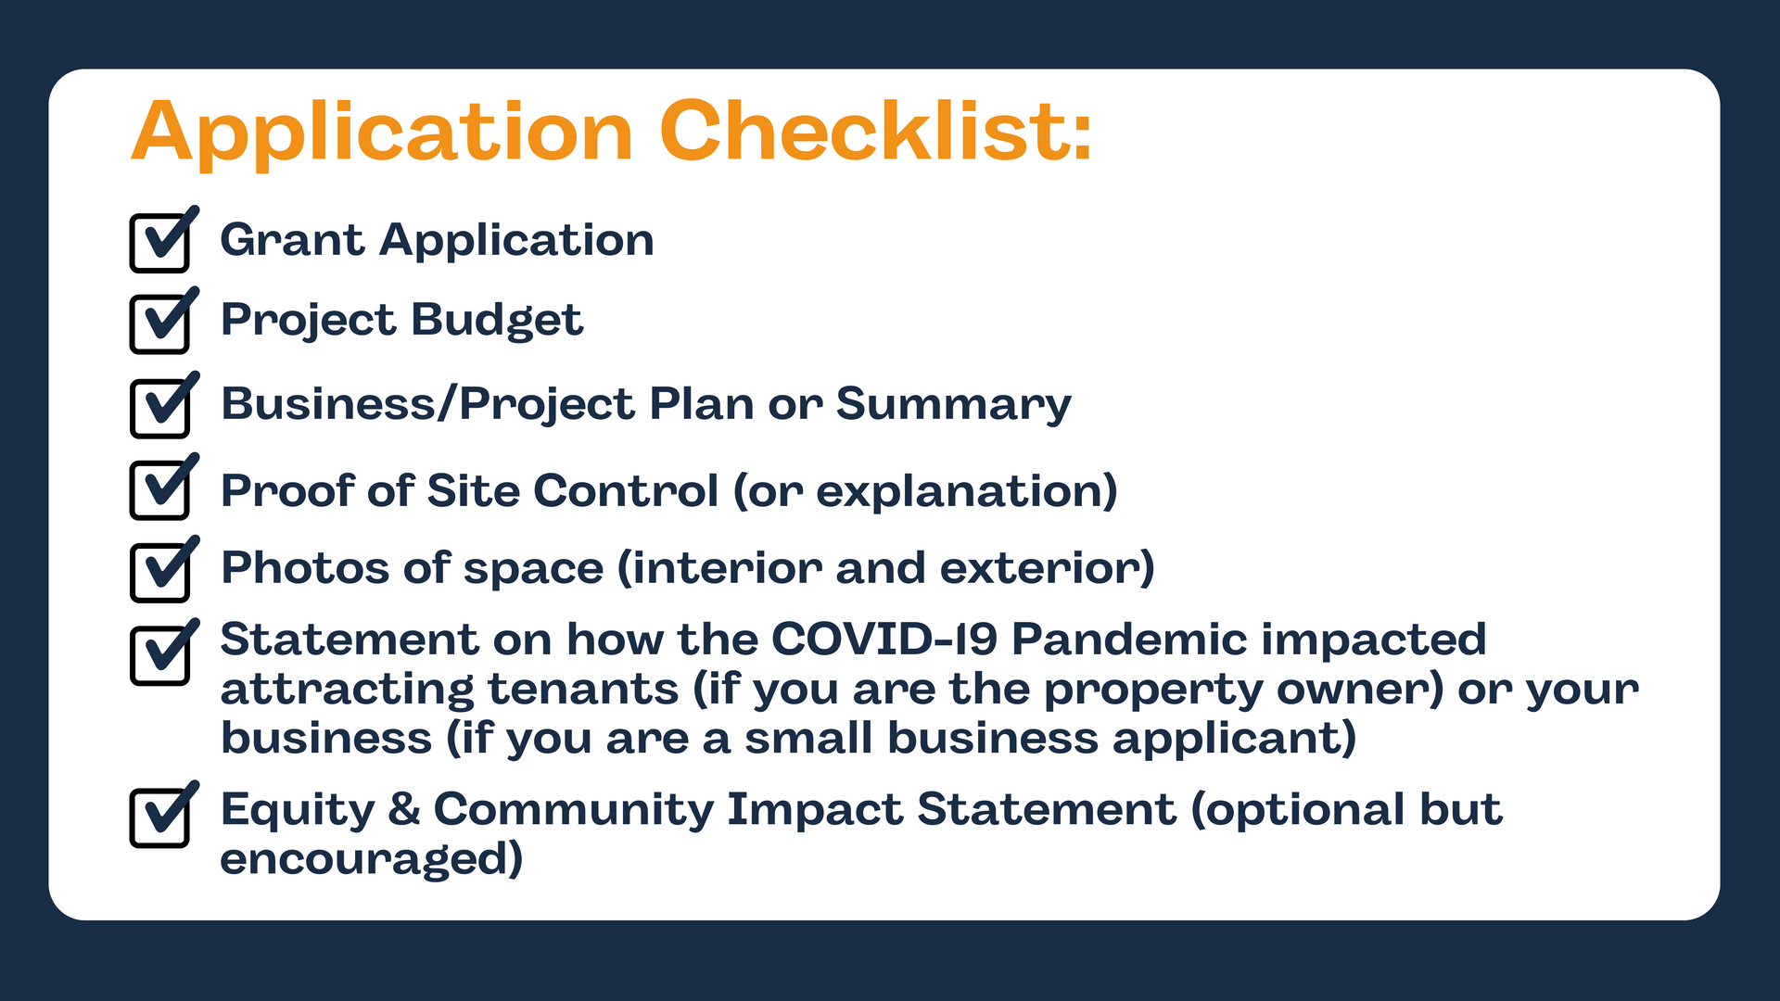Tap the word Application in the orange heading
click(x=382, y=134)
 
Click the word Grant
click(x=292, y=239)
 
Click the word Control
click(x=626, y=490)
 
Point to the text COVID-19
click(x=884, y=640)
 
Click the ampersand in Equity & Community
click(x=404, y=809)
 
